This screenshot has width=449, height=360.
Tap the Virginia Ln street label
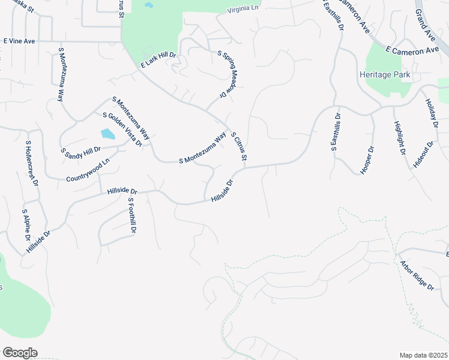tap(243, 10)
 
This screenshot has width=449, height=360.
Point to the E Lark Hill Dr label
tap(158, 59)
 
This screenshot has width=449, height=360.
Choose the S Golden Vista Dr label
tap(122, 129)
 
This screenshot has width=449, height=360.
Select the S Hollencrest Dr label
tap(31, 163)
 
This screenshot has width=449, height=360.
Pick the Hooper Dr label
tap(367, 160)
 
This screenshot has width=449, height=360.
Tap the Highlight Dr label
tap(399, 139)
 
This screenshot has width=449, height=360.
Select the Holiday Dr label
tap(432, 113)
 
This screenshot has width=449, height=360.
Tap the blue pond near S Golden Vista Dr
tap(108, 134)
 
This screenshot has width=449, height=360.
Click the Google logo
tap(20, 353)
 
